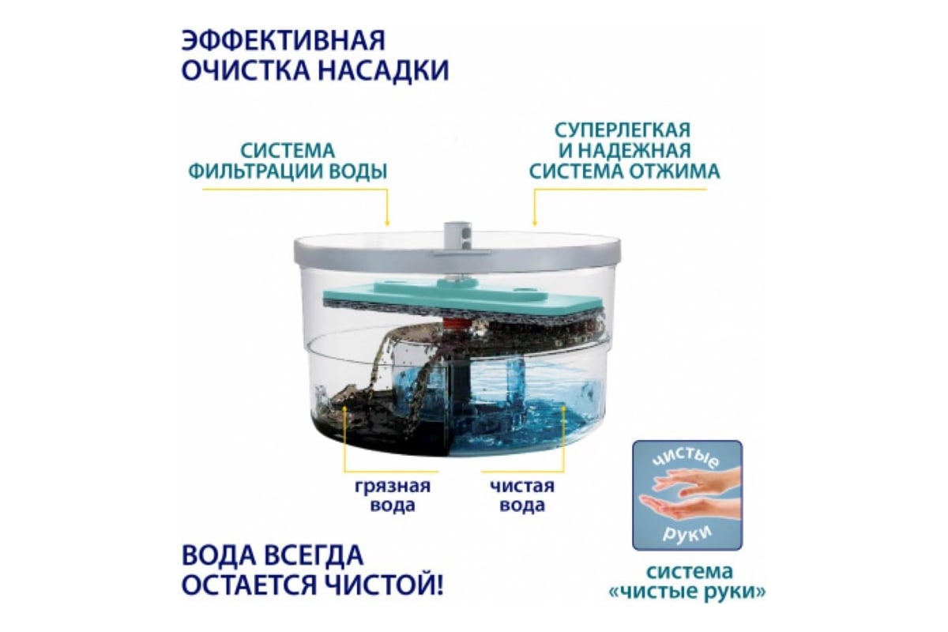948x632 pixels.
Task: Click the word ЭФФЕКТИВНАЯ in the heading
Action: pos(284,40)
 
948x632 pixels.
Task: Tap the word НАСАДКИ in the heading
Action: pos(383,70)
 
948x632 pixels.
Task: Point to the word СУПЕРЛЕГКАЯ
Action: pos(623,130)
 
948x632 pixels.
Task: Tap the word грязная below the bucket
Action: pos(393,487)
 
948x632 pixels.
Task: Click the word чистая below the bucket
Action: pos(522,486)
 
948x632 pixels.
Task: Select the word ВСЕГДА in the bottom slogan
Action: pos(315,555)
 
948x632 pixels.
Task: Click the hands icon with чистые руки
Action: pos(687,495)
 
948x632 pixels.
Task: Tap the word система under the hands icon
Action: pos(690,572)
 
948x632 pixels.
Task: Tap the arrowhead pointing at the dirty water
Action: pos(345,407)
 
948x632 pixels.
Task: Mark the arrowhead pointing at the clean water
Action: pos(564,407)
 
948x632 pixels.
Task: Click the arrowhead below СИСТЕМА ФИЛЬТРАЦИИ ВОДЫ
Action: pos(387,223)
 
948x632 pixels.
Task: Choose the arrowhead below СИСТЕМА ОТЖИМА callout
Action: pos(535,223)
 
